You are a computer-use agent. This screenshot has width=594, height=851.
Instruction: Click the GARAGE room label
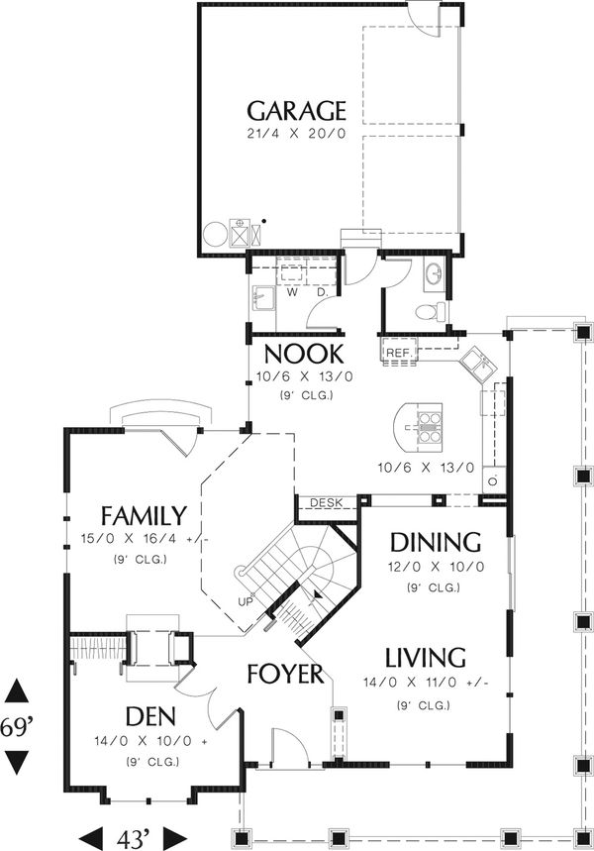click(x=296, y=111)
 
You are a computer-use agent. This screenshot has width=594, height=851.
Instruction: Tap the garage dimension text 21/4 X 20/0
click(x=296, y=134)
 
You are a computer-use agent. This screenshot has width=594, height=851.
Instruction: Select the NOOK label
click(x=304, y=354)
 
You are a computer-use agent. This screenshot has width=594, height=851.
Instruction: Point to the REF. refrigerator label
click(x=399, y=353)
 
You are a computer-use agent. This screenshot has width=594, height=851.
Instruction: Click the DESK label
click(x=327, y=503)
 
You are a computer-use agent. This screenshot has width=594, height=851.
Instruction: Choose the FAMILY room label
click(x=145, y=515)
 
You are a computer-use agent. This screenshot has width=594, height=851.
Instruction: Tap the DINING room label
click(x=436, y=542)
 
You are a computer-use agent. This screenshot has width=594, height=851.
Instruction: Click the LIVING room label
click(x=426, y=657)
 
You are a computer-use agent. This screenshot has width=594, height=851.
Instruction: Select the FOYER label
click(x=285, y=674)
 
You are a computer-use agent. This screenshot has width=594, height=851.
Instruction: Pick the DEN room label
click(x=150, y=716)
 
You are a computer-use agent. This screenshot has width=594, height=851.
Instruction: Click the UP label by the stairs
click(x=245, y=601)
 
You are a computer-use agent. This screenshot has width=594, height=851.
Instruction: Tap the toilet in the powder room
click(x=430, y=312)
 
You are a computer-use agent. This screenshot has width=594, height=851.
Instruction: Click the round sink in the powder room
click(x=435, y=273)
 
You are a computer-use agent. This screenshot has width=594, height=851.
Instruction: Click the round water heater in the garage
click(x=216, y=234)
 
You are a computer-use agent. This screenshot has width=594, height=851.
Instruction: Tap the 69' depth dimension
click(x=15, y=726)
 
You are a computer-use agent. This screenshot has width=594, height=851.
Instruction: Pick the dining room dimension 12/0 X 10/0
click(x=436, y=567)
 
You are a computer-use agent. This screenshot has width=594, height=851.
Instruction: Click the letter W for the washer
click(x=292, y=292)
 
